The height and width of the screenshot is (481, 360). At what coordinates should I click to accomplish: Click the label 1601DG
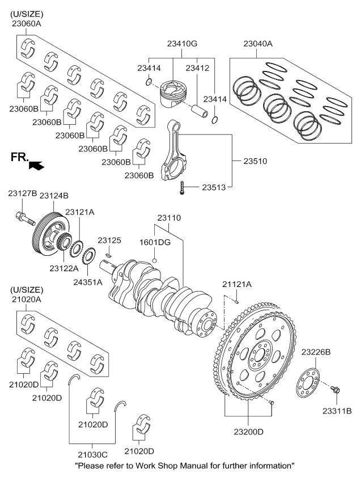[x=155, y=242]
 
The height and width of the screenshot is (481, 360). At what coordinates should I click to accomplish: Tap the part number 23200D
[x=249, y=432]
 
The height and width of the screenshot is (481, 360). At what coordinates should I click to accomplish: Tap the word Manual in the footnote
[x=197, y=466]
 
